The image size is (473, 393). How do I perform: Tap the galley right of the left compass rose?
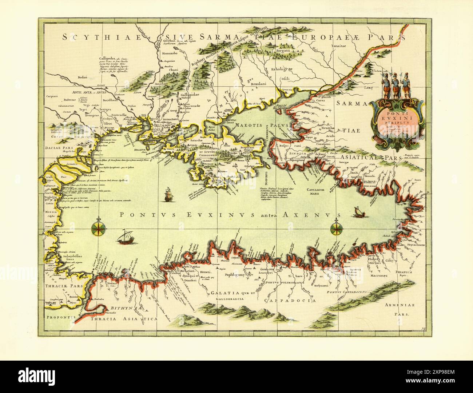point(125,237)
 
